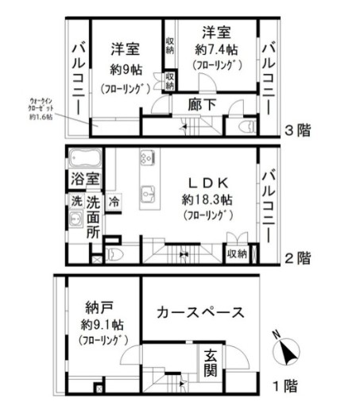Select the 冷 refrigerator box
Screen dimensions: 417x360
point(114,202)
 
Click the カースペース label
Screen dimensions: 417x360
point(200,312)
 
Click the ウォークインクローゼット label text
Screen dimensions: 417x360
point(39,110)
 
